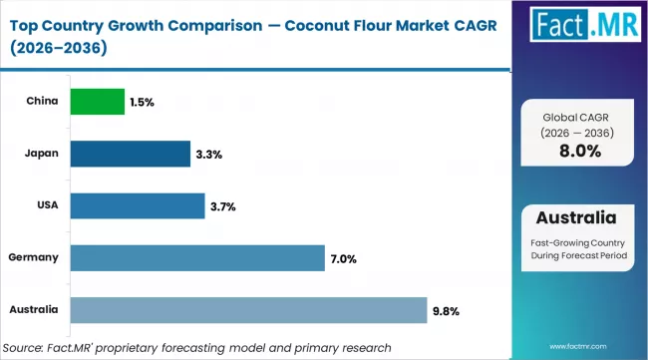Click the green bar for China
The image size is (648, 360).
[x=97, y=101]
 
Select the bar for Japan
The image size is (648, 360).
[x=130, y=154]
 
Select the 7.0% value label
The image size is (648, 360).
[x=344, y=258]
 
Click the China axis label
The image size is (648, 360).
[x=43, y=101]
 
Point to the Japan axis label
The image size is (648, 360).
[x=42, y=154]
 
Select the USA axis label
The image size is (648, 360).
[x=46, y=205]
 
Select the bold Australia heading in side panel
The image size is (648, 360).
[x=575, y=218]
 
